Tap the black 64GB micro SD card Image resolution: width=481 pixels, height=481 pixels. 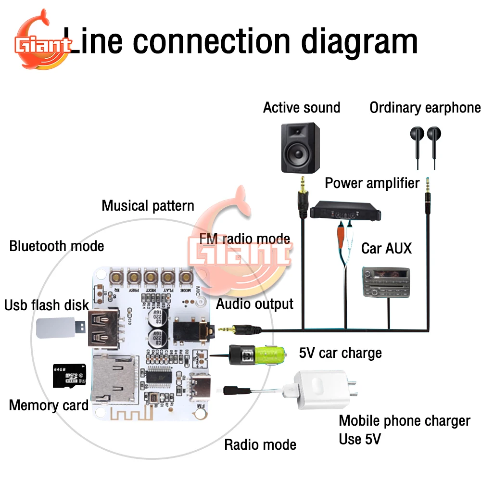click(x=65, y=375)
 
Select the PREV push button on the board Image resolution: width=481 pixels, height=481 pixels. click(x=133, y=277)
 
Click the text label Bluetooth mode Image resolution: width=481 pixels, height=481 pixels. click(x=56, y=246)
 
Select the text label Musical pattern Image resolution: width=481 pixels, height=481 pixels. click(x=148, y=206)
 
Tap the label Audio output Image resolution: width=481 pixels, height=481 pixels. click(x=254, y=304)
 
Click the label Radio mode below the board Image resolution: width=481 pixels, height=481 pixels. click(x=260, y=444)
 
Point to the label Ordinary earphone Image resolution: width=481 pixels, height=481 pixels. click(x=425, y=108)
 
